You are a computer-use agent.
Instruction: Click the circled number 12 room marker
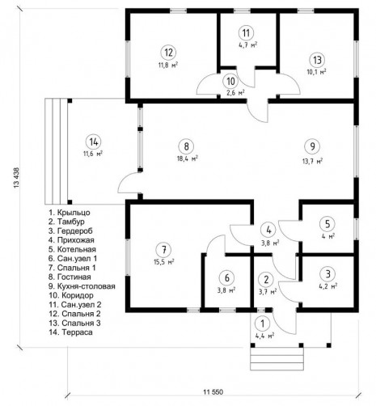click(168, 53)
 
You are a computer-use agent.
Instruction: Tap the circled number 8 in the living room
click(186, 146)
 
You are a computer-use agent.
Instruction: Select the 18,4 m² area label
click(188, 159)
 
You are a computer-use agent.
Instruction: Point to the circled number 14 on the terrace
click(94, 142)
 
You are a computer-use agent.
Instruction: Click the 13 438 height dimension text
click(16, 178)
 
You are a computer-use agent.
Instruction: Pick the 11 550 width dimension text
click(213, 391)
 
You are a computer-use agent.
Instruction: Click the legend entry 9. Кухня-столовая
click(82, 286)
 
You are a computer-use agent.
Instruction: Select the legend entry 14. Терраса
click(71, 332)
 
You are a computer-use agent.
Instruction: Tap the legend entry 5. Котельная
click(72, 249)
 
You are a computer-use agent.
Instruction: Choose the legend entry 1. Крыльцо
click(70, 213)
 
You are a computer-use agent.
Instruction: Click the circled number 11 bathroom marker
click(246, 33)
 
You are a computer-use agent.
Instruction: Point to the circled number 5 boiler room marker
click(327, 224)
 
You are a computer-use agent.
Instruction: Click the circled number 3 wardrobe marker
click(327, 274)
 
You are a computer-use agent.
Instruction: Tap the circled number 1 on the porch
click(264, 324)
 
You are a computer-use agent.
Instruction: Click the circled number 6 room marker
click(227, 278)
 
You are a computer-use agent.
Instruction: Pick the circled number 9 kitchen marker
click(312, 146)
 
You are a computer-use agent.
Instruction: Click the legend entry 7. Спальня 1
click(72, 268)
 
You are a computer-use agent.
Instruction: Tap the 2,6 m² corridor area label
click(235, 93)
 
